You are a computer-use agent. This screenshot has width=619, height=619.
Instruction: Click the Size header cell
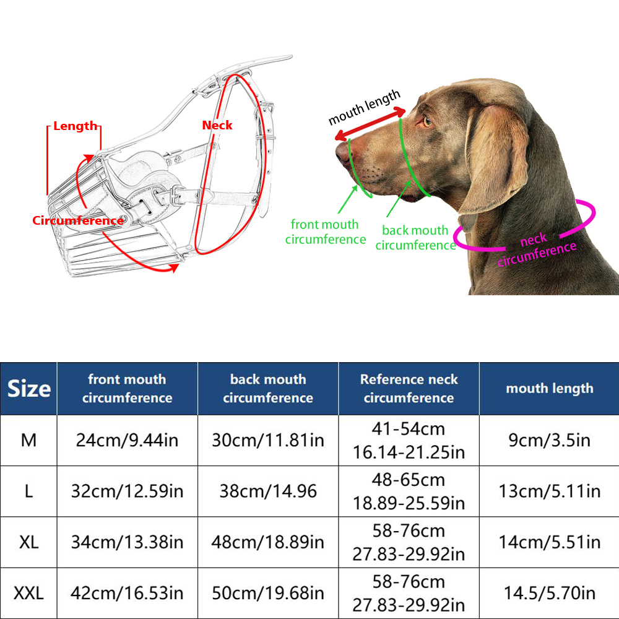(x=28, y=389)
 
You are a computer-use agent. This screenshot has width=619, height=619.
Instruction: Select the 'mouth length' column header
(x=549, y=389)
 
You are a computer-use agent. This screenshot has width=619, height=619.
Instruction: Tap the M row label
(x=28, y=440)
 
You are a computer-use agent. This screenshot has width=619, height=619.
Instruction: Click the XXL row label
(x=28, y=594)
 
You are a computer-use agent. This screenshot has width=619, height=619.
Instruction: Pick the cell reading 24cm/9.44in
(x=127, y=440)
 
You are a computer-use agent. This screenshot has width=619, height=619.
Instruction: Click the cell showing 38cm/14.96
(x=268, y=491)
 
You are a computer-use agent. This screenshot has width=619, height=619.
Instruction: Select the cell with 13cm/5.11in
(x=549, y=491)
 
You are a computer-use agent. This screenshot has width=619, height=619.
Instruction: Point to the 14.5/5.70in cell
(x=549, y=594)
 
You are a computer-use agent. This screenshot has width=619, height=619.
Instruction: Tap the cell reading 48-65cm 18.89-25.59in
(x=409, y=491)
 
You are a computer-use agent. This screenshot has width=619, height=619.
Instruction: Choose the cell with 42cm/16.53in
(x=127, y=594)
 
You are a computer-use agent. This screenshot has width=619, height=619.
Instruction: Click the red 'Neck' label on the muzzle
(x=217, y=126)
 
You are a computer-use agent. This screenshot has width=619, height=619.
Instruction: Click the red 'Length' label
(x=75, y=126)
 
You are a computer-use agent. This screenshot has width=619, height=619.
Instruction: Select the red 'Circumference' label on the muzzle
(x=78, y=221)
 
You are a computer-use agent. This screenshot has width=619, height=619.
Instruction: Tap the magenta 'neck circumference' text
(x=537, y=249)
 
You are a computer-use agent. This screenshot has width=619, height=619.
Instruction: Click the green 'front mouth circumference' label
(x=325, y=232)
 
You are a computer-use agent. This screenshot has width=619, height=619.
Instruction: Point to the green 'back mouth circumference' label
(x=415, y=238)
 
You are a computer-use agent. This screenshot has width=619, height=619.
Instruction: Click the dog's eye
(x=427, y=121)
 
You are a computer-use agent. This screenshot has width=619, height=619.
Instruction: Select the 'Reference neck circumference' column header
(x=409, y=389)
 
